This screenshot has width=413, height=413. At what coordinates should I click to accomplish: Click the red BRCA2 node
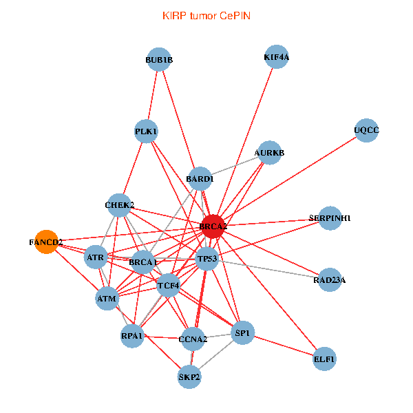[x=213, y=226]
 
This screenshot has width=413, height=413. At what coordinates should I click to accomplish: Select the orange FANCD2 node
[x=46, y=242]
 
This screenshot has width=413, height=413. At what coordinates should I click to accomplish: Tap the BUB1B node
[x=159, y=59]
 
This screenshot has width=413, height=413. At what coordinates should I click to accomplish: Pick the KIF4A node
[x=276, y=57]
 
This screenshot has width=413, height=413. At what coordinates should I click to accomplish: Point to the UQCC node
[x=366, y=130]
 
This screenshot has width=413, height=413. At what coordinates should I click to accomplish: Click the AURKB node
[x=269, y=153]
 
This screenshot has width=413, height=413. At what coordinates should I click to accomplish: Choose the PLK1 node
[x=146, y=131]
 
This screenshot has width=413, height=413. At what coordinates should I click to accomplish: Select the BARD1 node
[x=200, y=178]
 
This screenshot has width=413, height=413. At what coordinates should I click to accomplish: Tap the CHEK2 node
[x=119, y=205]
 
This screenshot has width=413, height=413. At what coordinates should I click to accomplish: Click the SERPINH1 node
[x=330, y=218]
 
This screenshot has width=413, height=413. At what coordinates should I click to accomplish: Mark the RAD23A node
[x=330, y=279]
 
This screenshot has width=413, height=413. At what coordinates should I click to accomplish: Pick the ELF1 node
[x=324, y=359]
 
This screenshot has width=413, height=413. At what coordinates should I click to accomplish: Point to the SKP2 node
[x=189, y=377]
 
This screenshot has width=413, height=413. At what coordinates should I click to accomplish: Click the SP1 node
[x=242, y=332]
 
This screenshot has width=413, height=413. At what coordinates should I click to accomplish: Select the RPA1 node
[x=132, y=336]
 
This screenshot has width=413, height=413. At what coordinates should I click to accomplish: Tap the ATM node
[x=107, y=299]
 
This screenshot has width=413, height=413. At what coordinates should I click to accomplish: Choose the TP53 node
[x=207, y=259]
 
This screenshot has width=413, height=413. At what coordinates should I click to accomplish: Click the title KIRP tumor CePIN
[x=206, y=16]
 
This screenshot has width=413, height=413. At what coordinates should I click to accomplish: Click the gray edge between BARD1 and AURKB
[x=235, y=166]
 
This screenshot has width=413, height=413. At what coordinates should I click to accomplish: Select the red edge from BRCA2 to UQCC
[x=290, y=178]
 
